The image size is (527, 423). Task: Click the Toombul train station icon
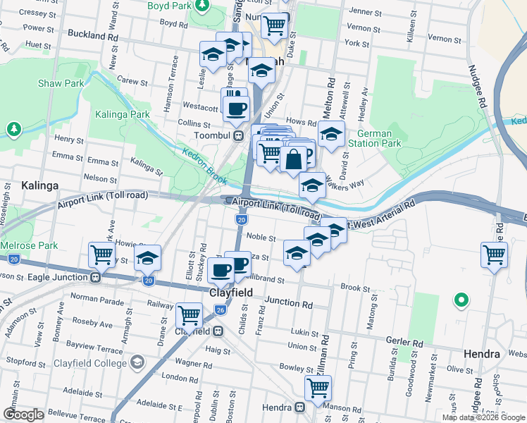pyautogui.click(x=239, y=136)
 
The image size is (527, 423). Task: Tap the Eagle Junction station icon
pyautogui.click(x=95, y=277)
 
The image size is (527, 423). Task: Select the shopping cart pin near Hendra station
pyautogui.click(x=318, y=387)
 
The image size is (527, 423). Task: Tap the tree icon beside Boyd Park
pyautogui.click(x=202, y=6)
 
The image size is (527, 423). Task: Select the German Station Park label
pyautogui.click(x=378, y=139)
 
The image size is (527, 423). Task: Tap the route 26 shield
pyautogui.click(x=220, y=309)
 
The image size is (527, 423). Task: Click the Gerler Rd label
pyautogui.click(x=404, y=341)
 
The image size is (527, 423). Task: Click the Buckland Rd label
pyautogui.click(x=93, y=35)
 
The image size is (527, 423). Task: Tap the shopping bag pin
pyautogui.click(x=294, y=158)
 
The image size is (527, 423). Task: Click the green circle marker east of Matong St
pyautogui.click(x=461, y=300)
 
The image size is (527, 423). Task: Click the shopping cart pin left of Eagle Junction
pyautogui.click(x=102, y=255)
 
